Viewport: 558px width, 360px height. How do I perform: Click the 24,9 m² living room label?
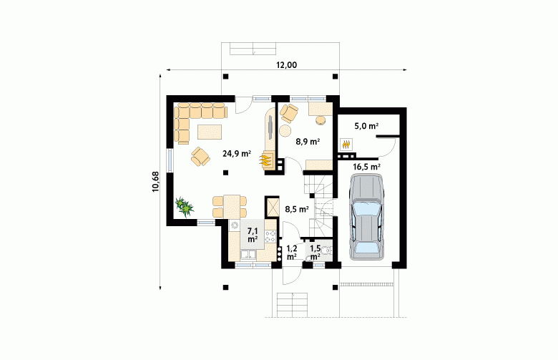(237, 154)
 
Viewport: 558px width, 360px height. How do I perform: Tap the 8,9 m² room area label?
(308, 142)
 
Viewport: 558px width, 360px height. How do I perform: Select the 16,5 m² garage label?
(366, 166)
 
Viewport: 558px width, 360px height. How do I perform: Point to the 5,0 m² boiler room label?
(366, 126)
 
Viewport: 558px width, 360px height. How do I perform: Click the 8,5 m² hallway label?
(297, 209)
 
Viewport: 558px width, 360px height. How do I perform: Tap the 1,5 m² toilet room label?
(315, 252)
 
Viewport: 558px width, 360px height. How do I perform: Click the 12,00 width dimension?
(286, 65)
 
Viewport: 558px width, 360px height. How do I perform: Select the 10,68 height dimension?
(155, 182)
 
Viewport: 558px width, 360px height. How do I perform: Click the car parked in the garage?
(367, 216)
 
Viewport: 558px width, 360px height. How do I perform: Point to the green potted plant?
(185, 207)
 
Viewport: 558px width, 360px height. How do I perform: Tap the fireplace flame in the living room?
(265, 160)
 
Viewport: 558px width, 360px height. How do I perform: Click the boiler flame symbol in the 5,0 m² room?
(346, 144)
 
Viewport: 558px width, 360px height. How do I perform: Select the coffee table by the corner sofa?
(210, 132)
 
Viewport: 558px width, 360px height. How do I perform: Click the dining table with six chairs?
(230, 207)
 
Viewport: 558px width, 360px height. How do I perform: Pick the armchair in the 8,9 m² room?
(289, 113)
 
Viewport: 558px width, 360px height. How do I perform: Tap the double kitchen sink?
(248, 255)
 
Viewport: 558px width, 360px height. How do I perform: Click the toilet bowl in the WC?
(326, 252)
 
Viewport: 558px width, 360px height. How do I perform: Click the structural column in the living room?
(225, 172)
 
